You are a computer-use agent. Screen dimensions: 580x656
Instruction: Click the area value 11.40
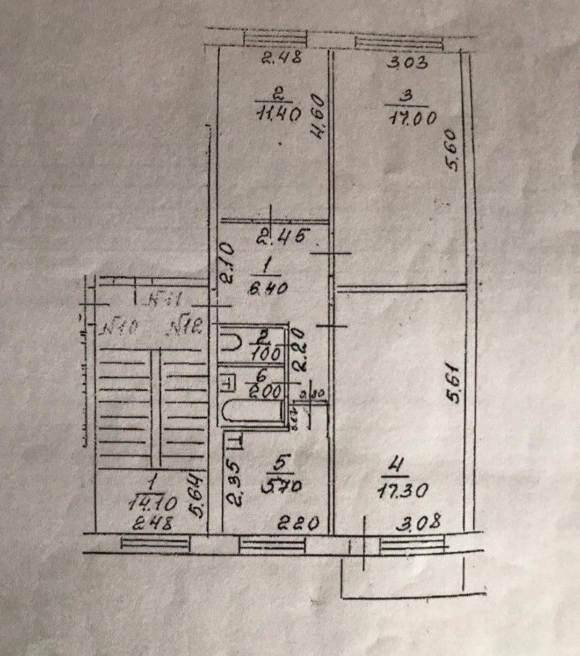[279, 114]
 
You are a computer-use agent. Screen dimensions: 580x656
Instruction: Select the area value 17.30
[402, 490]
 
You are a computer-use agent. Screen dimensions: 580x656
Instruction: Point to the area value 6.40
[267, 288]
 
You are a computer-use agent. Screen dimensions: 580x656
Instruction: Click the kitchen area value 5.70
[281, 486]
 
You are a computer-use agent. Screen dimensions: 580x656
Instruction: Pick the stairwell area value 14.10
[153, 503]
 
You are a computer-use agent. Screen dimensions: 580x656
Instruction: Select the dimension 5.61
[454, 383]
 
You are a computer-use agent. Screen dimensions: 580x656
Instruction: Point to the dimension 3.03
[408, 63]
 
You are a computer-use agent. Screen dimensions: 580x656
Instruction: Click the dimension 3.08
[418, 522]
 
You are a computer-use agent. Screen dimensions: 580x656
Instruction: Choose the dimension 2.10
[228, 262]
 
